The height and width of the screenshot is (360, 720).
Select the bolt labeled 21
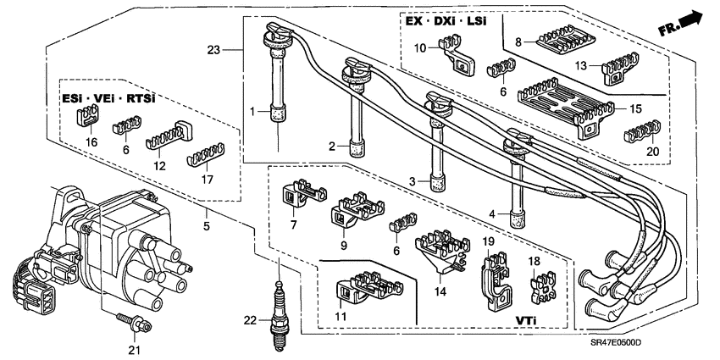pyautogui.click(x=133, y=323)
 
